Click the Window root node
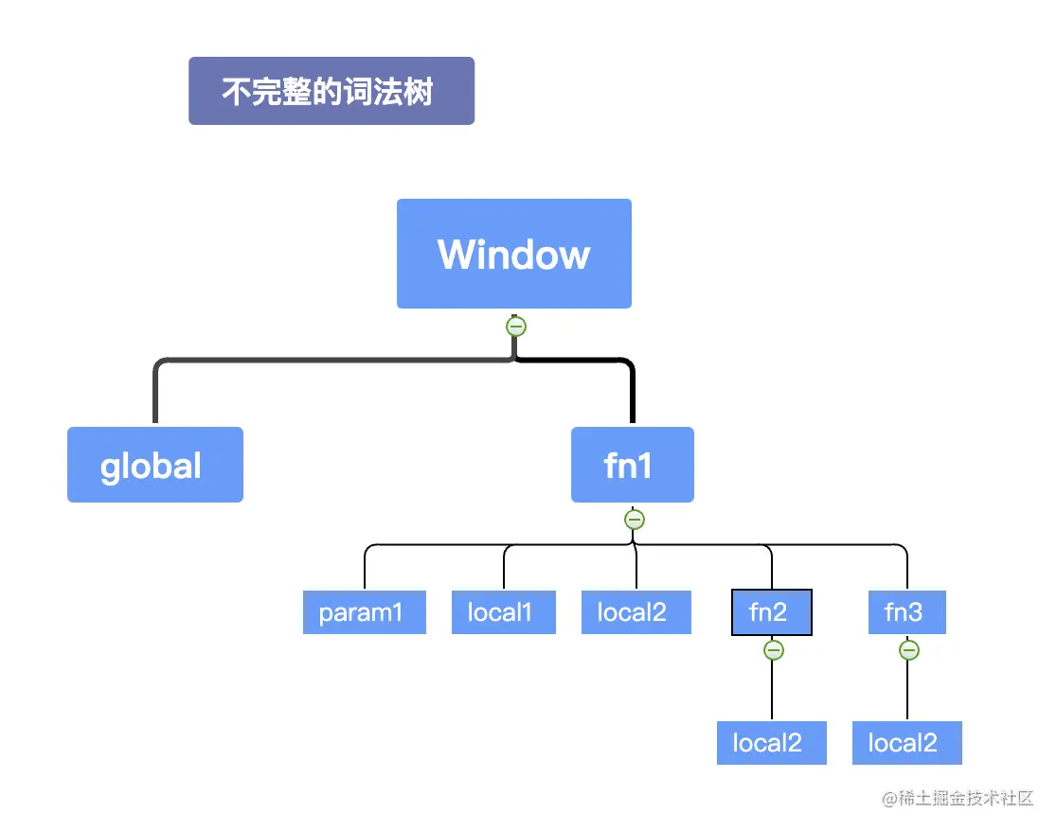click(x=513, y=254)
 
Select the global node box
click(x=154, y=465)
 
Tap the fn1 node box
click(x=632, y=465)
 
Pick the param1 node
click(x=364, y=612)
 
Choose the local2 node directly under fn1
click(x=636, y=612)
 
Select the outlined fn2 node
click(x=771, y=612)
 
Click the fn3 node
click(x=906, y=612)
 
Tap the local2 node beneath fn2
click(x=771, y=743)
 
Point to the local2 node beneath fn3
click(x=906, y=743)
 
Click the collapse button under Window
click(x=515, y=327)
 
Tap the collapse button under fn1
click(x=635, y=520)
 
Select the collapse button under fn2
click(x=773, y=650)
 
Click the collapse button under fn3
click(x=908, y=650)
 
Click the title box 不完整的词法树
click(x=331, y=91)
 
